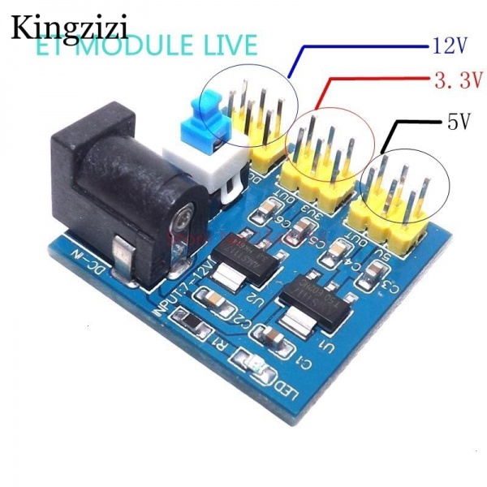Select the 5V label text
click(459, 123)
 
